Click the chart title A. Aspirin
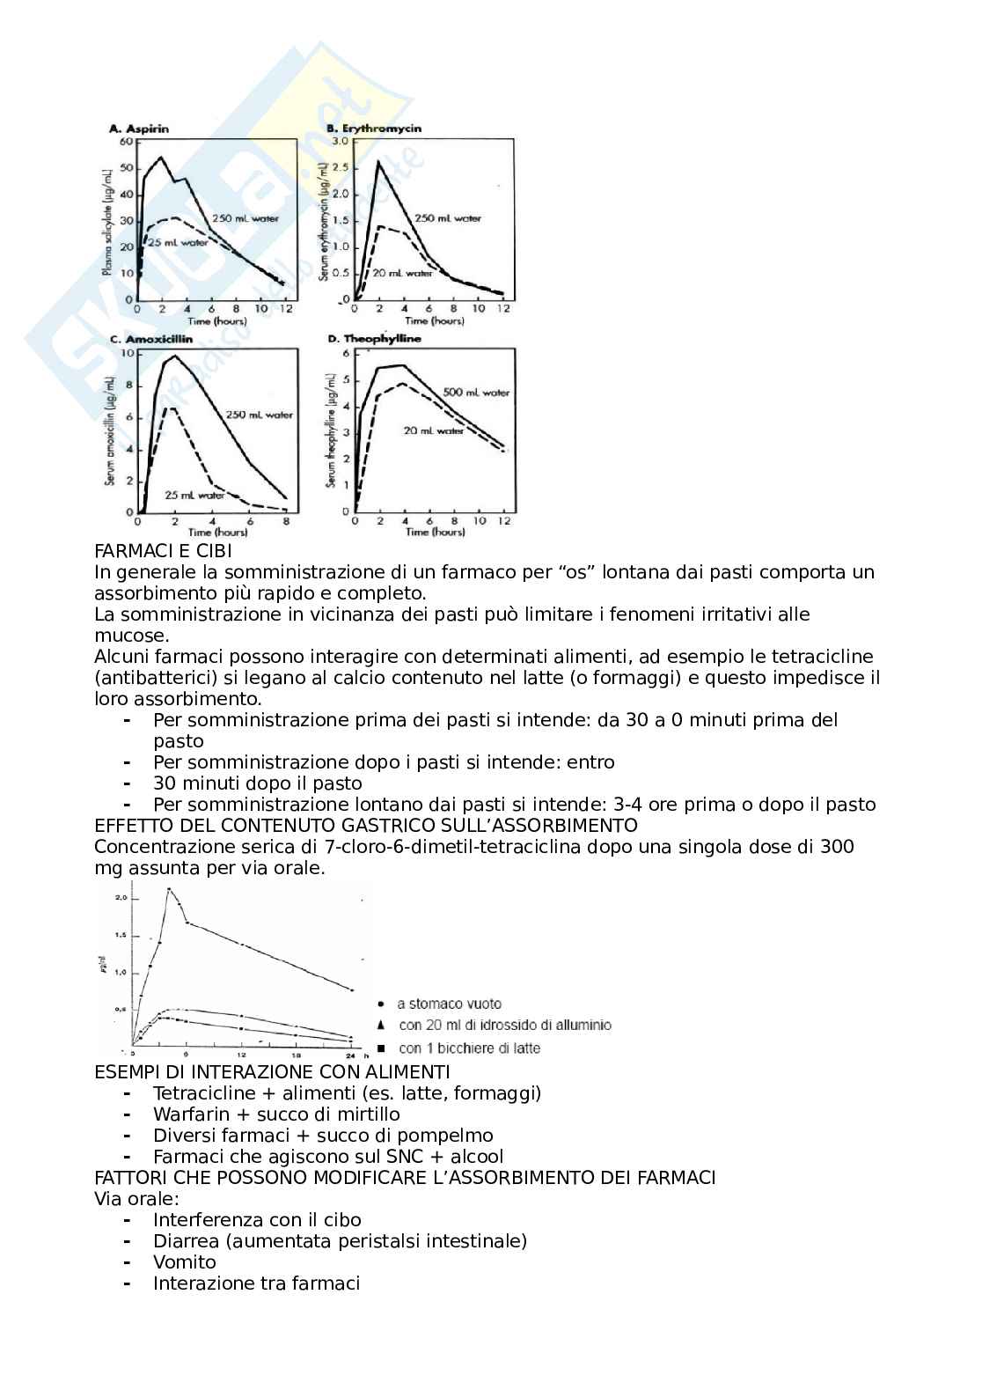tap(138, 129)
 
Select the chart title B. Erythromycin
tap(374, 129)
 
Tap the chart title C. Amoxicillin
tap(143, 339)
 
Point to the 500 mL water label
tap(475, 393)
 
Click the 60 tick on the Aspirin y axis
tap(126, 142)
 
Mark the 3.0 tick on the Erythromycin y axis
tap(339, 141)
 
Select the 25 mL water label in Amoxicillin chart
tap(194, 495)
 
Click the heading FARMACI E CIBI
tap(163, 551)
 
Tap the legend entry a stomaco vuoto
tap(449, 1004)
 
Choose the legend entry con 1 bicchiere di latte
tap(469, 1048)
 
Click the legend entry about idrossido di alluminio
tap(504, 1026)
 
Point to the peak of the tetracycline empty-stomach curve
tap(169, 890)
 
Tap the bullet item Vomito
tap(184, 1262)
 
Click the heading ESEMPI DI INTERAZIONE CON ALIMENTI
tap(272, 1072)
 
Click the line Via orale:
tap(136, 1199)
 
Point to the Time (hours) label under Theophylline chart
tap(435, 532)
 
